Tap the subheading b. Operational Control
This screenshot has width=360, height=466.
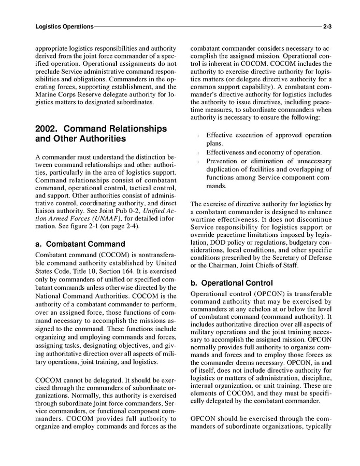tap(232, 283)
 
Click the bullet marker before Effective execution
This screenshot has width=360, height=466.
tap(199, 136)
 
